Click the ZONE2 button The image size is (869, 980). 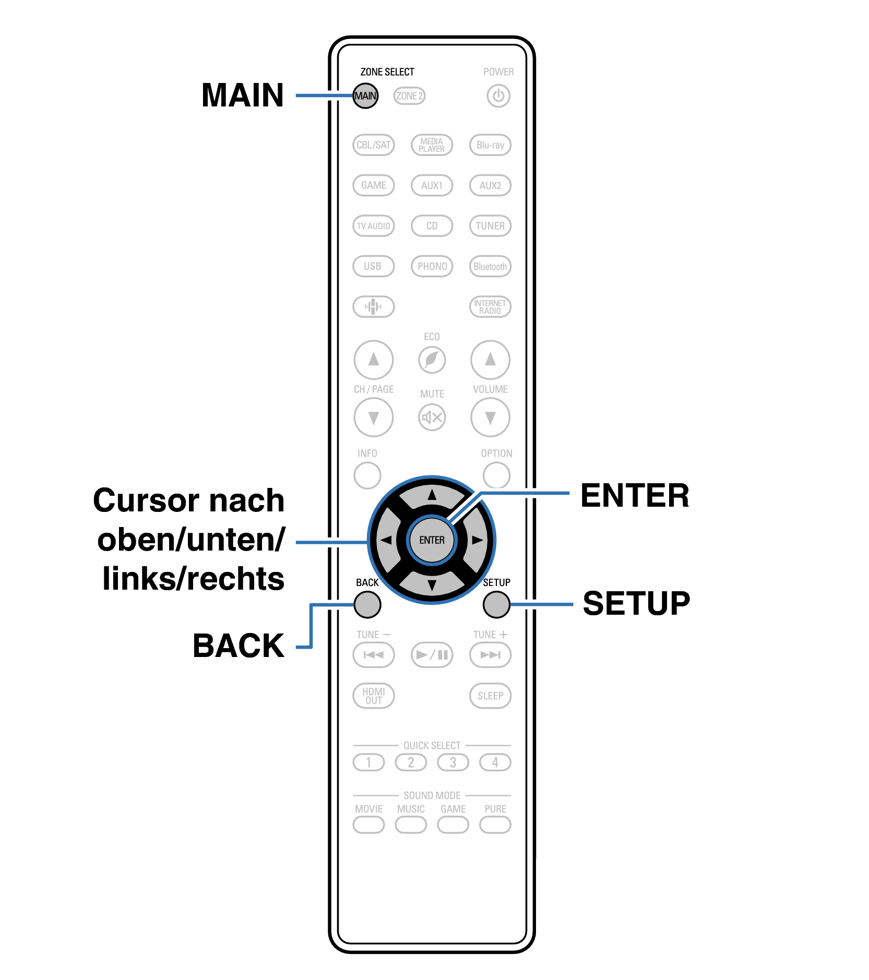(x=409, y=96)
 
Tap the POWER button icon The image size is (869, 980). (x=498, y=96)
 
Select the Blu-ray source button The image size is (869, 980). (x=490, y=145)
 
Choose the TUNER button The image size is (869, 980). (x=490, y=226)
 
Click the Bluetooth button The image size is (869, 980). (x=490, y=267)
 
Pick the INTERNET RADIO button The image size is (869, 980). (x=490, y=307)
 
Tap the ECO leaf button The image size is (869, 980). (x=432, y=360)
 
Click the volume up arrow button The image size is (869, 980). (x=490, y=360)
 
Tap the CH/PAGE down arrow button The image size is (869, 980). (x=373, y=417)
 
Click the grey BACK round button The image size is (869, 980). (x=367, y=605)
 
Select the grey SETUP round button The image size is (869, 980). (x=496, y=605)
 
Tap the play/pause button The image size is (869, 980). (x=432, y=655)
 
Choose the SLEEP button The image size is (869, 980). (x=490, y=696)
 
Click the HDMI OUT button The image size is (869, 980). (x=373, y=696)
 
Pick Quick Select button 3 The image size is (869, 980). (x=453, y=762)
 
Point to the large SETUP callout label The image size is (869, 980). (x=636, y=604)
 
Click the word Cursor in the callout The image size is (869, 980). (x=146, y=500)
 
